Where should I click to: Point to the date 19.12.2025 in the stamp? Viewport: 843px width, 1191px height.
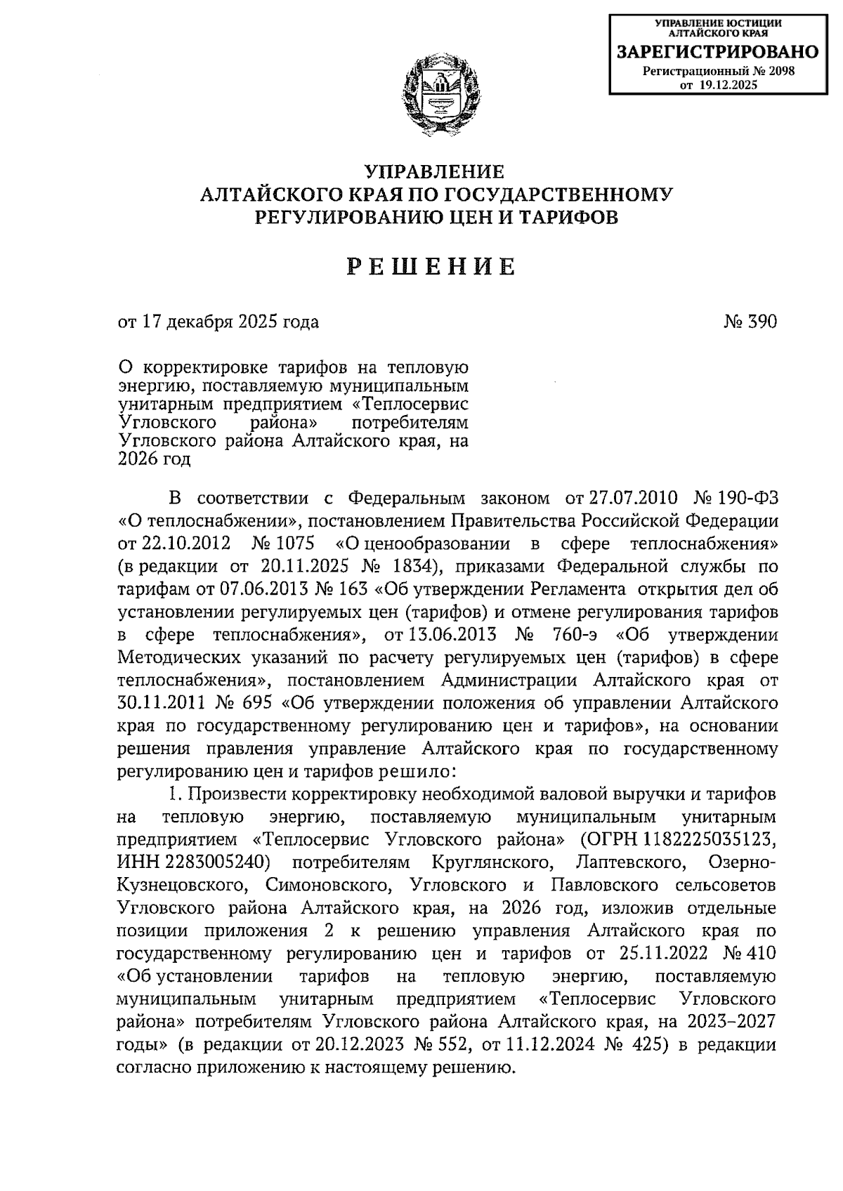[728, 85]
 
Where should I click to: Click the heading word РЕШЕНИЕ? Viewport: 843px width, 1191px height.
[433, 267]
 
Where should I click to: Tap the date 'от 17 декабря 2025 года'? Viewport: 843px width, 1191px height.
[218, 322]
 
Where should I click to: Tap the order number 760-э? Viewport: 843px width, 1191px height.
[570, 635]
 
